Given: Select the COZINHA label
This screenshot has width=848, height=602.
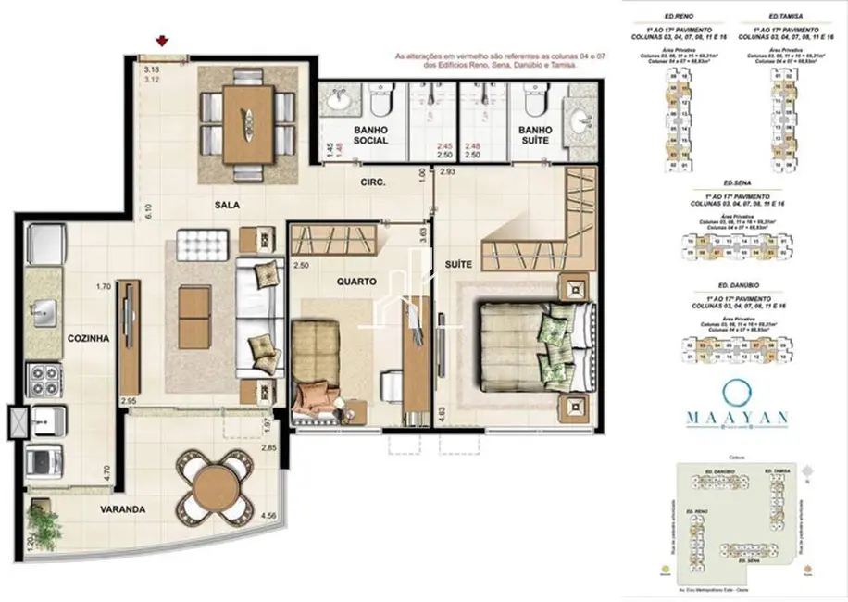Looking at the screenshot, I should [x=89, y=339].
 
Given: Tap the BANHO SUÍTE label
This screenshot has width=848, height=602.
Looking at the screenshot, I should [x=535, y=134].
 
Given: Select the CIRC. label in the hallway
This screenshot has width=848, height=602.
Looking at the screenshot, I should [x=373, y=183].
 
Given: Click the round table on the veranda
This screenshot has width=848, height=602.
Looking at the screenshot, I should [x=215, y=486].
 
